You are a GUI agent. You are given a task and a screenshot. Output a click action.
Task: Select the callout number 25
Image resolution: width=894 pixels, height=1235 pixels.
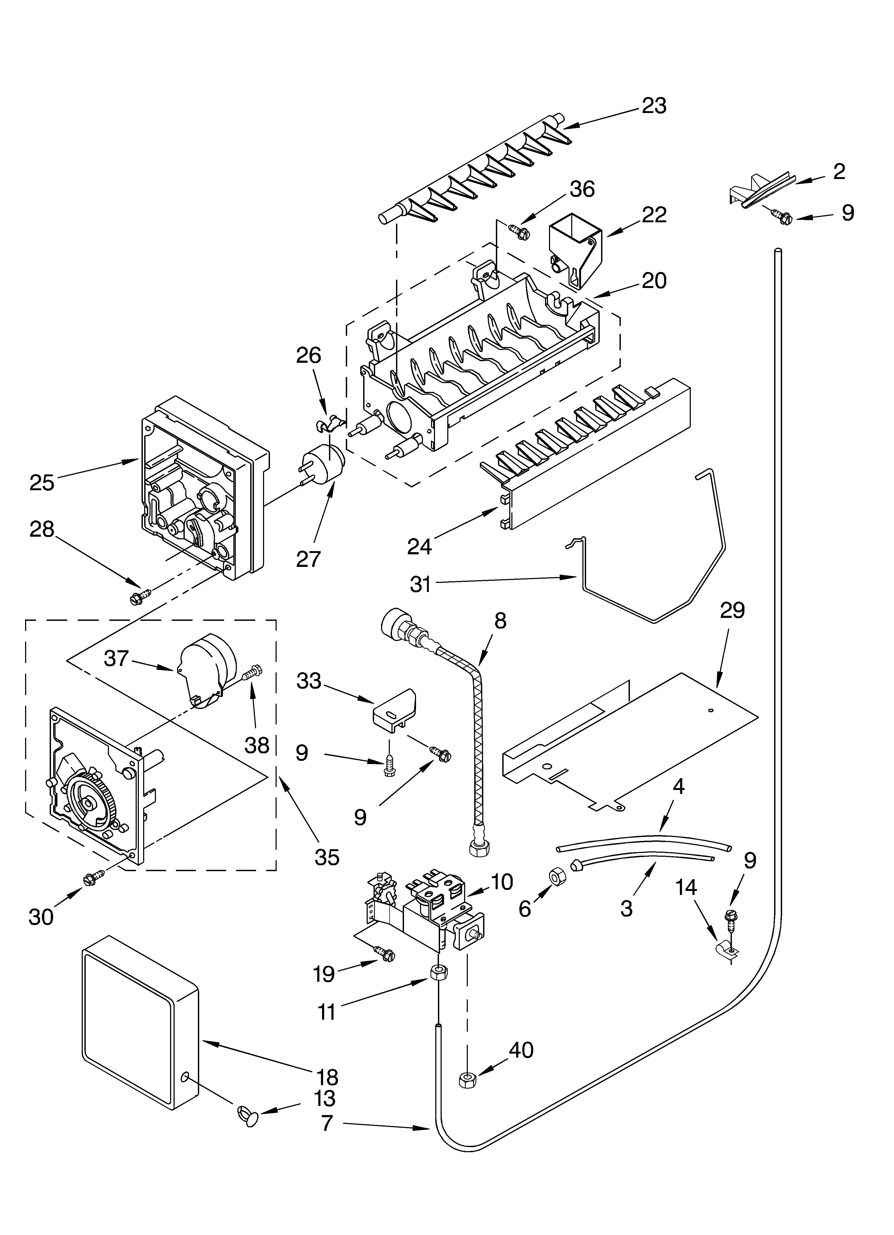[42, 482]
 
